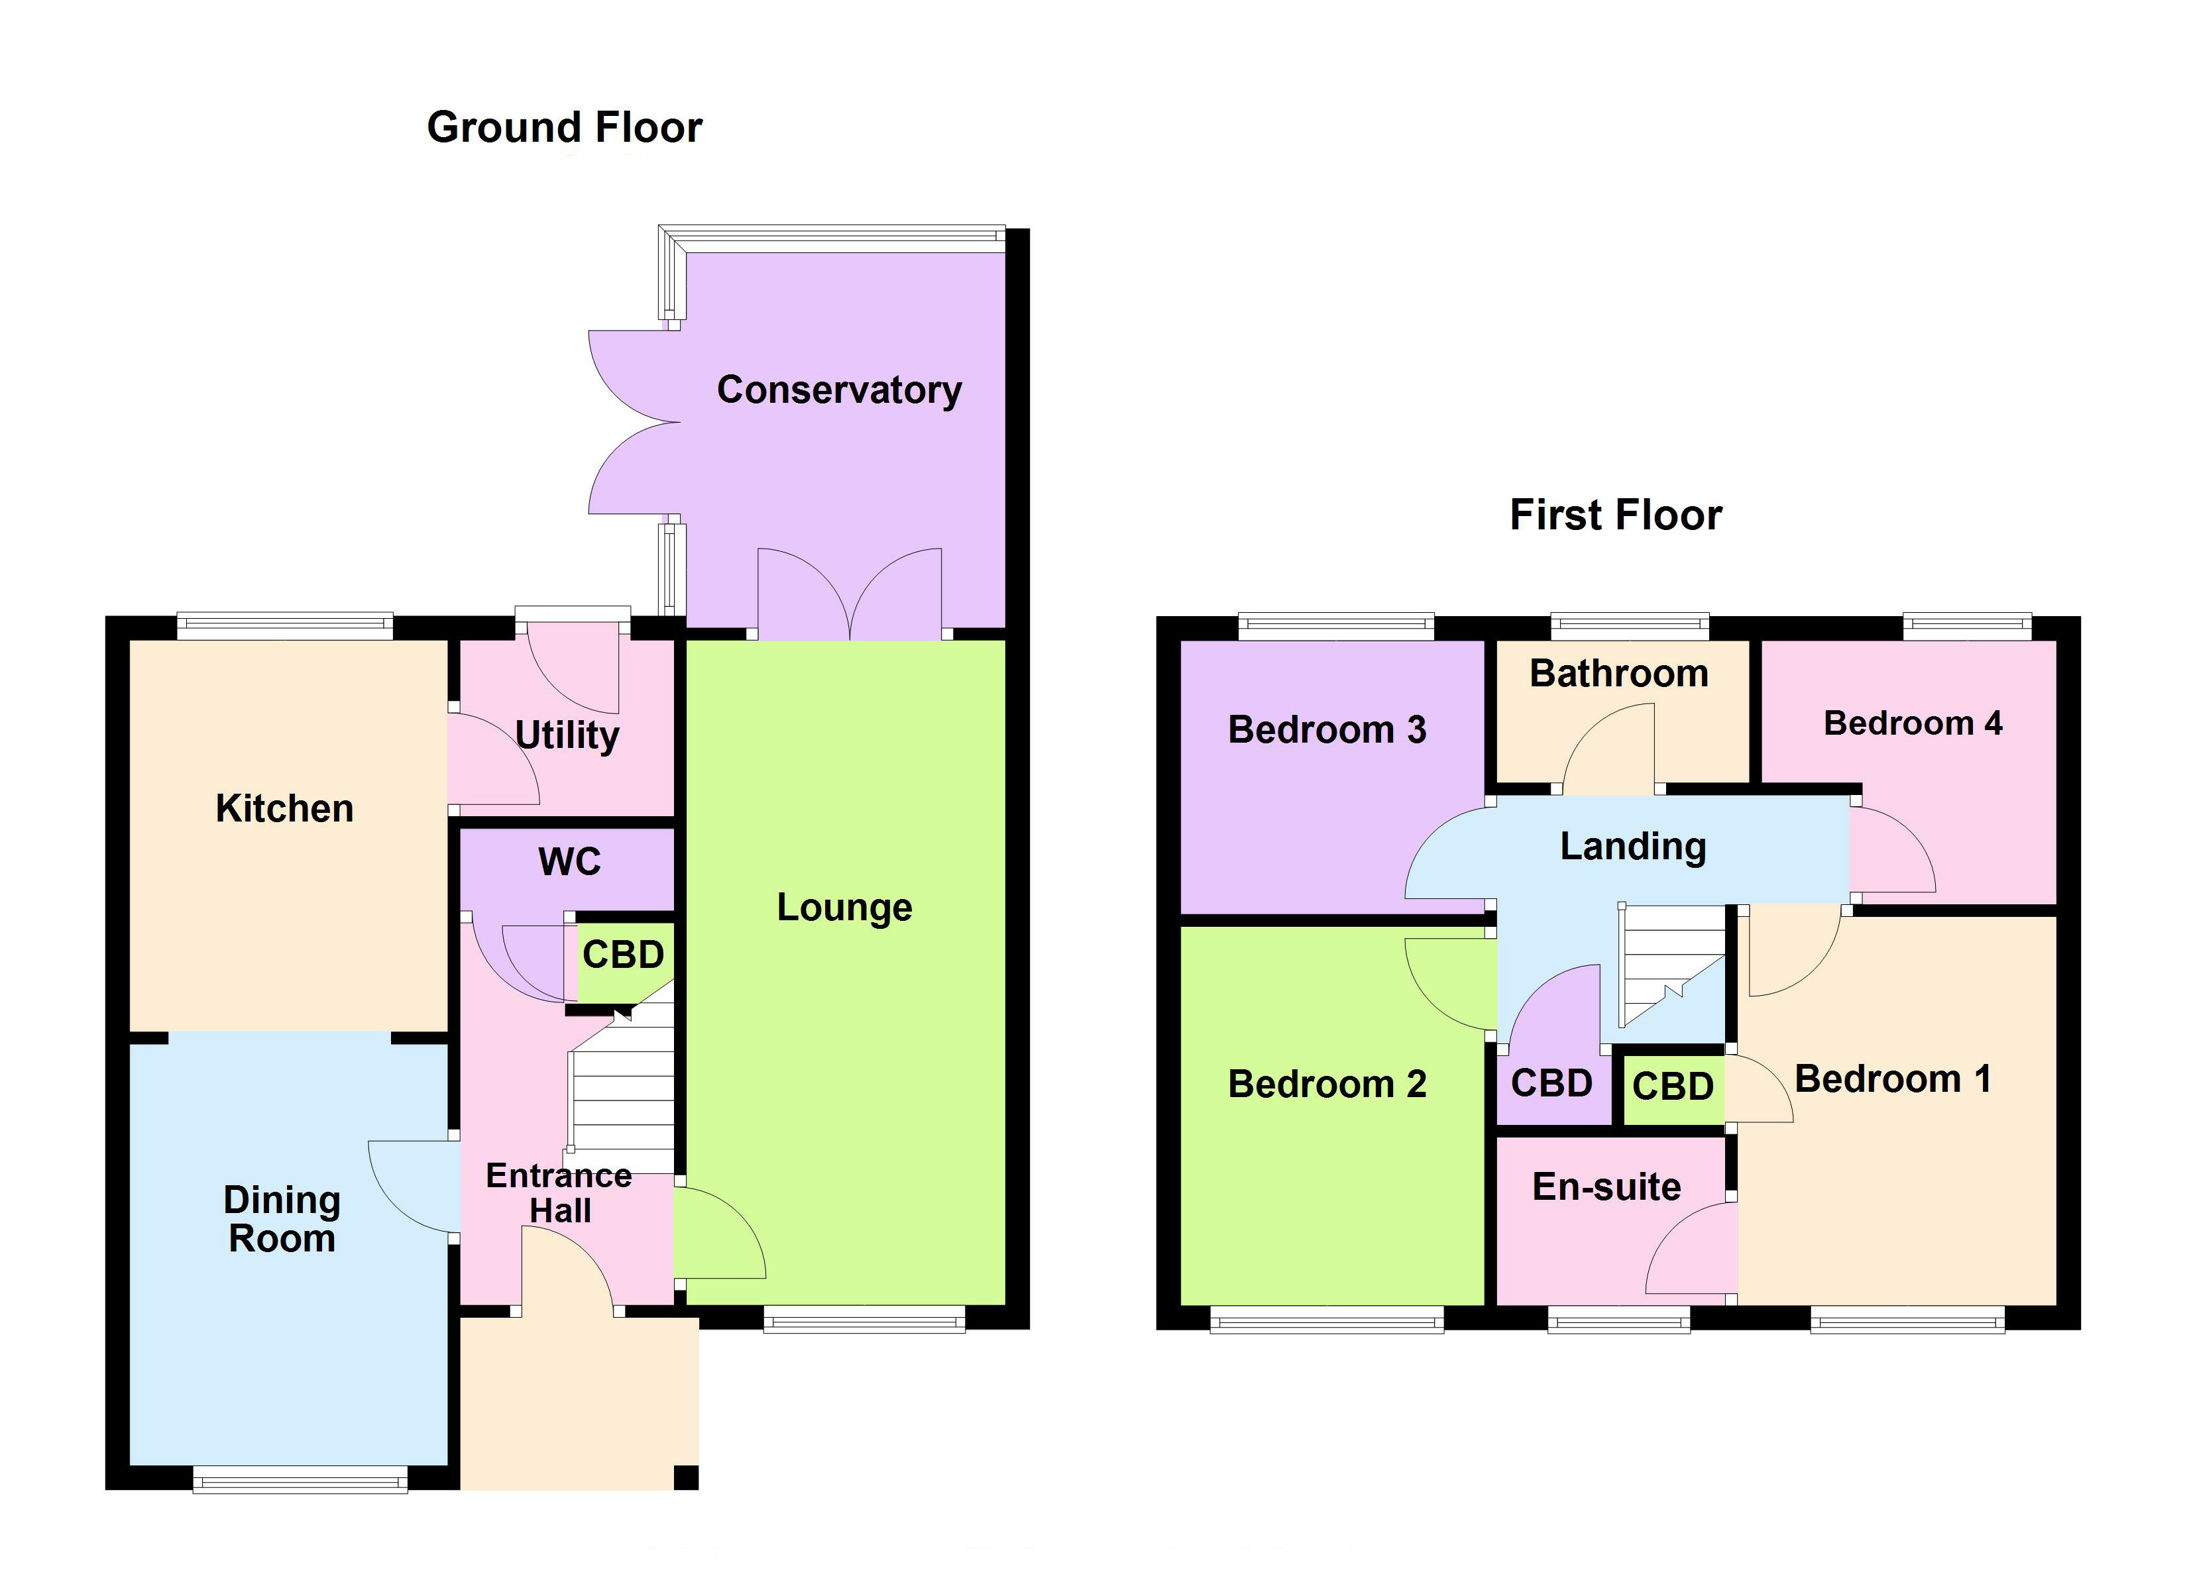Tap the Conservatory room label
click(x=839, y=390)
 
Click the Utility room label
click(x=567, y=735)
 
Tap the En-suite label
click(x=1606, y=1187)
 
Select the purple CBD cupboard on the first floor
click(x=1551, y=1085)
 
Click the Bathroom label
click(x=1619, y=674)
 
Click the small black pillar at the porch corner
click(x=686, y=1477)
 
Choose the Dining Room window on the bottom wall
click(x=300, y=1479)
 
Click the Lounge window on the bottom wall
click(x=864, y=1318)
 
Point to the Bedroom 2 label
click(x=1327, y=1085)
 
